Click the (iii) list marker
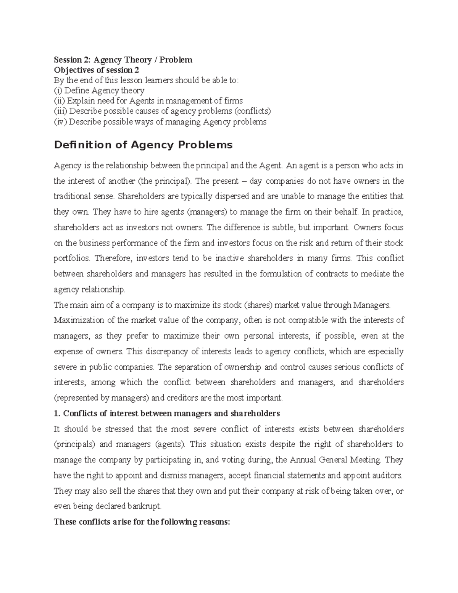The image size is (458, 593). point(60,111)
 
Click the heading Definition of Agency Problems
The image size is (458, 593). point(143,145)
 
